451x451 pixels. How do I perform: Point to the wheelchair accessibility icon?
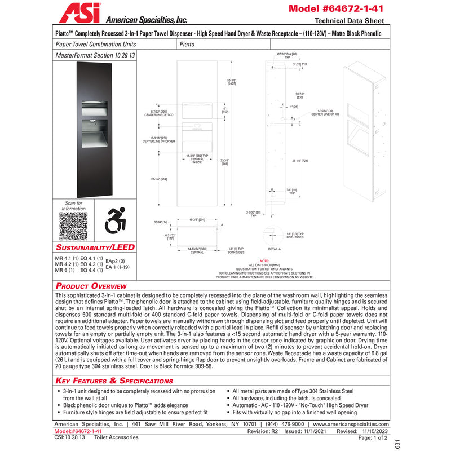pyautogui.click(x=116, y=220)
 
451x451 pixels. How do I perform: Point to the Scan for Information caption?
pyautogui.click(x=74, y=206)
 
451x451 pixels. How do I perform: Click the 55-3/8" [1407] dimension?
pyautogui.click(x=231, y=82)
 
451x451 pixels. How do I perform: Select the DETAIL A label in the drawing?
pyautogui.click(x=275, y=249)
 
